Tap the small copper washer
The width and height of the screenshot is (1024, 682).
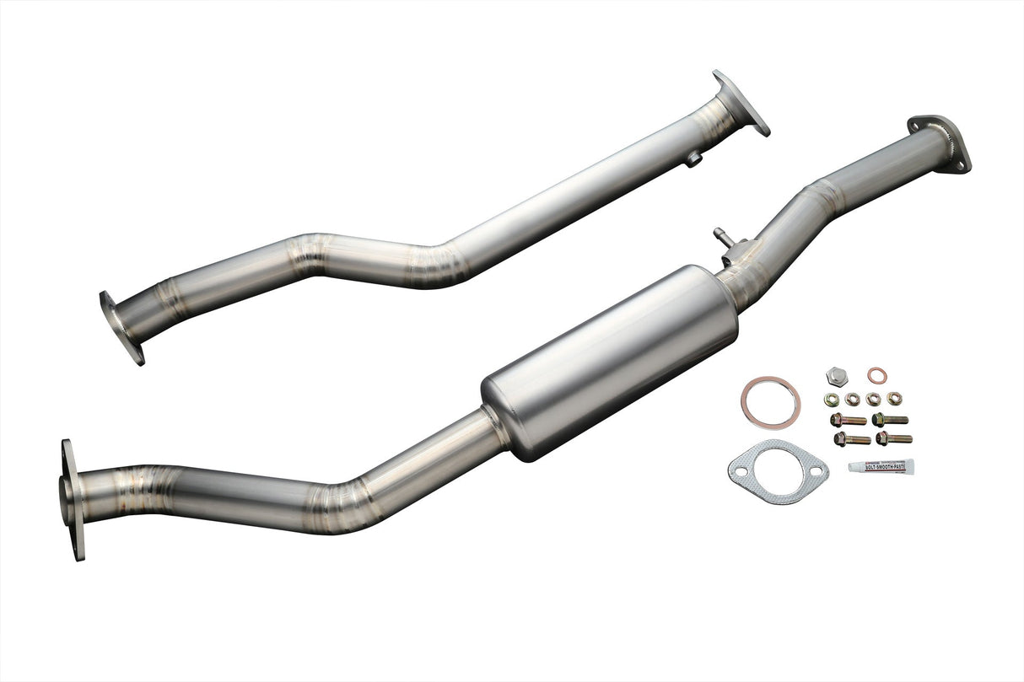[x=877, y=374]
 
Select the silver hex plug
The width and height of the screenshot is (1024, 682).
[x=837, y=374]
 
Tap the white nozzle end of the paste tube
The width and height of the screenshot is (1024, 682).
[x=854, y=466]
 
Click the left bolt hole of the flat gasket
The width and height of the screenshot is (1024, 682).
[x=741, y=463]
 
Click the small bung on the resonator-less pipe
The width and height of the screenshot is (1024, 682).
[x=693, y=158]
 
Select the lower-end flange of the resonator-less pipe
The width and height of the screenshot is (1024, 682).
[x=121, y=327]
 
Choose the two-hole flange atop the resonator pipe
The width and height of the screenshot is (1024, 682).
[x=939, y=142]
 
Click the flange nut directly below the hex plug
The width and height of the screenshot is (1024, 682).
[x=833, y=399]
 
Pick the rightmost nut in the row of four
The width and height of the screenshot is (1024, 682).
[x=894, y=398]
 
